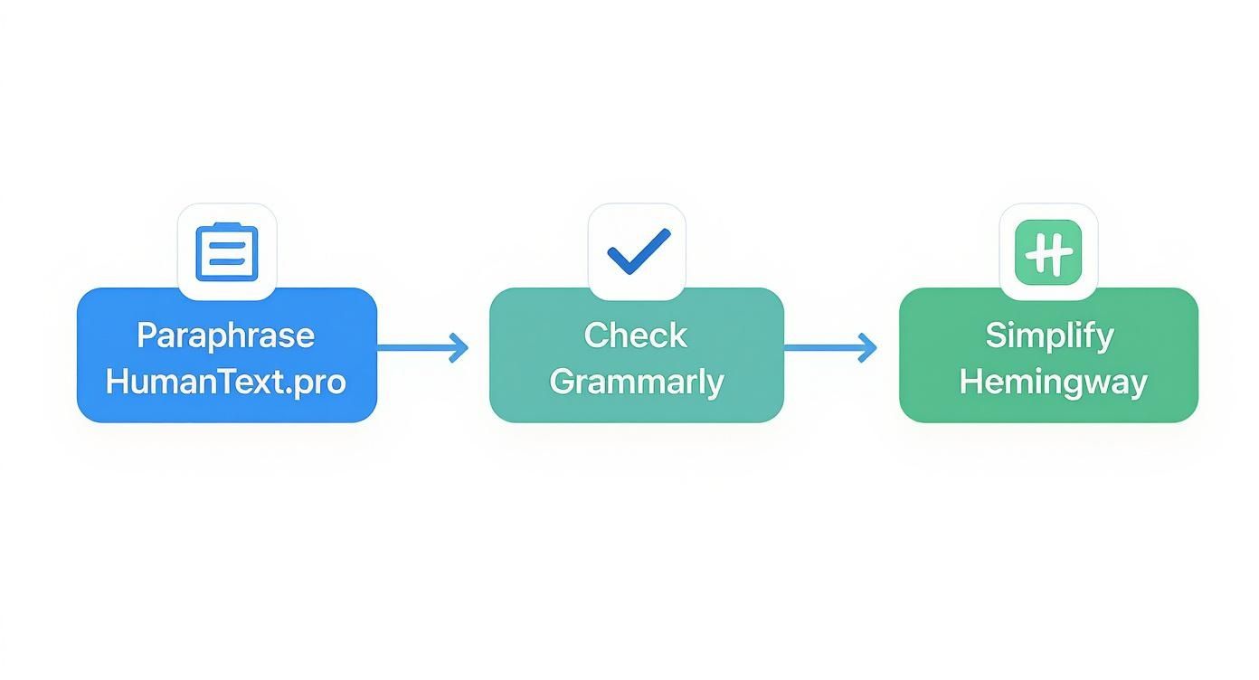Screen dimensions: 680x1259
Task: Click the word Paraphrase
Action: (226, 335)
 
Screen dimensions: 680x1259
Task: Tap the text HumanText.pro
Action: (226, 382)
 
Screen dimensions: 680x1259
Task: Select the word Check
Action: (636, 335)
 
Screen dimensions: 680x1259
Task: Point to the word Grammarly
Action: (636, 382)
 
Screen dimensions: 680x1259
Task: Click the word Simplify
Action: (1049, 335)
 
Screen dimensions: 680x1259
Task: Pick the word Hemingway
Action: (1052, 382)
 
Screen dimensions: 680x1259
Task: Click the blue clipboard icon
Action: (227, 252)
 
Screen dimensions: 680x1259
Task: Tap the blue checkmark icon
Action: (638, 251)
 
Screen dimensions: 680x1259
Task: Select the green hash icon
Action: (1049, 251)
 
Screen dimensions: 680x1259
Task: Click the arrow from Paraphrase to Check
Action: (421, 347)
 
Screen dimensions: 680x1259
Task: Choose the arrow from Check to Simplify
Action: (829, 347)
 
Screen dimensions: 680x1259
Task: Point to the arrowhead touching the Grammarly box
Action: (460, 347)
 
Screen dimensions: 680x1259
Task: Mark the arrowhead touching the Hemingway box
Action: (869, 347)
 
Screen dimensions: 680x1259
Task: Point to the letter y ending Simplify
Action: (1106, 338)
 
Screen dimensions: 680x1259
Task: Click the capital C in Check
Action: (597, 335)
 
